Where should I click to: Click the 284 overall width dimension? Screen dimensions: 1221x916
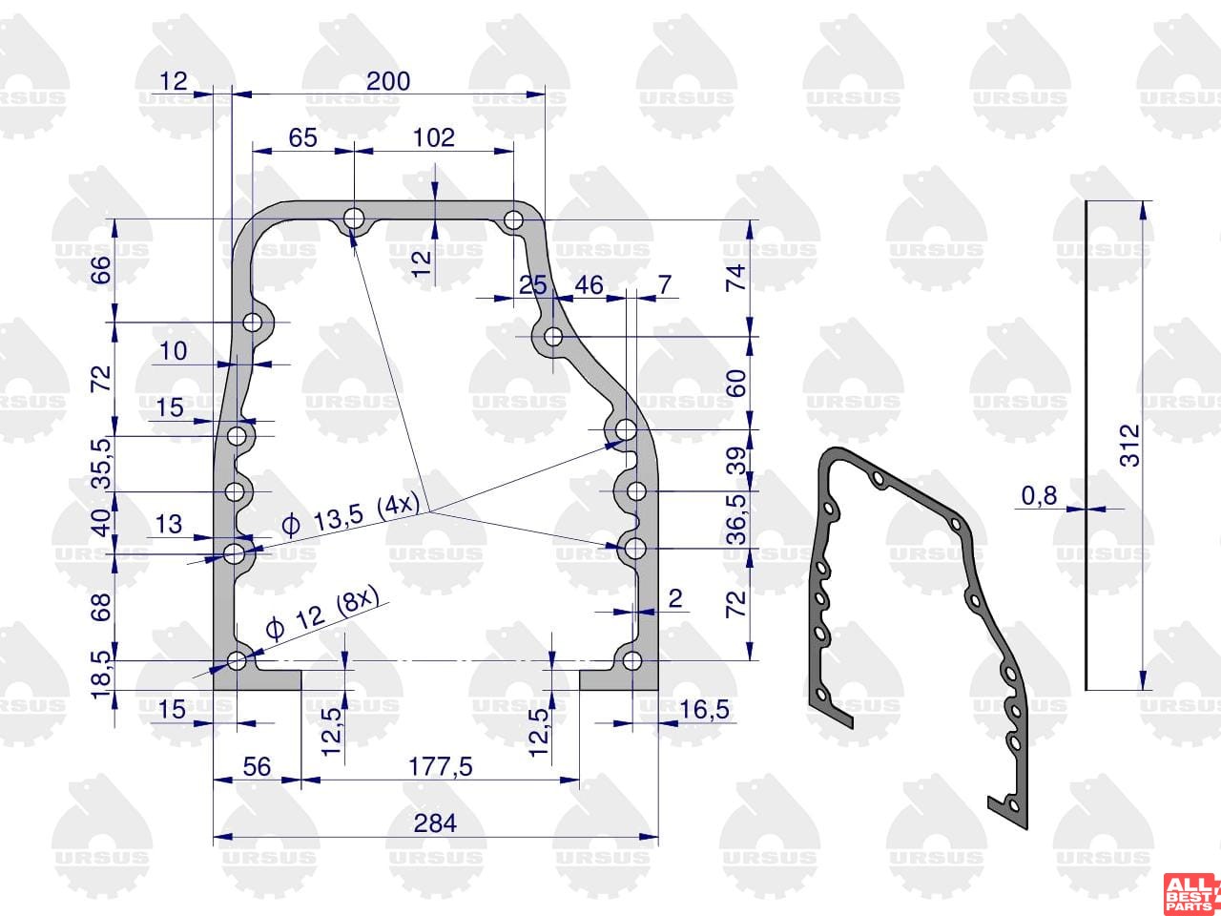click(x=435, y=823)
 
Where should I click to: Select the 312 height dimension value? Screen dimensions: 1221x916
click(x=1129, y=446)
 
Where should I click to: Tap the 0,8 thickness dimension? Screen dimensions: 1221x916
click(x=1039, y=495)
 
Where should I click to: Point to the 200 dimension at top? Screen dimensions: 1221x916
click(x=388, y=81)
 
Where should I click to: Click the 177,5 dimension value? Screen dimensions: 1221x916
click(x=441, y=767)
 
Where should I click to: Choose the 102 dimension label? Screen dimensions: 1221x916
click(x=434, y=137)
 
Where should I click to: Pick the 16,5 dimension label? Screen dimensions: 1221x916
click(x=704, y=710)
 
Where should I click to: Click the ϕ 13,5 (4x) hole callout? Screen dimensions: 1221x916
click(x=350, y=515)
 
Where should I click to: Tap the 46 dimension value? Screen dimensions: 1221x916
click(x=589, y=285)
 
